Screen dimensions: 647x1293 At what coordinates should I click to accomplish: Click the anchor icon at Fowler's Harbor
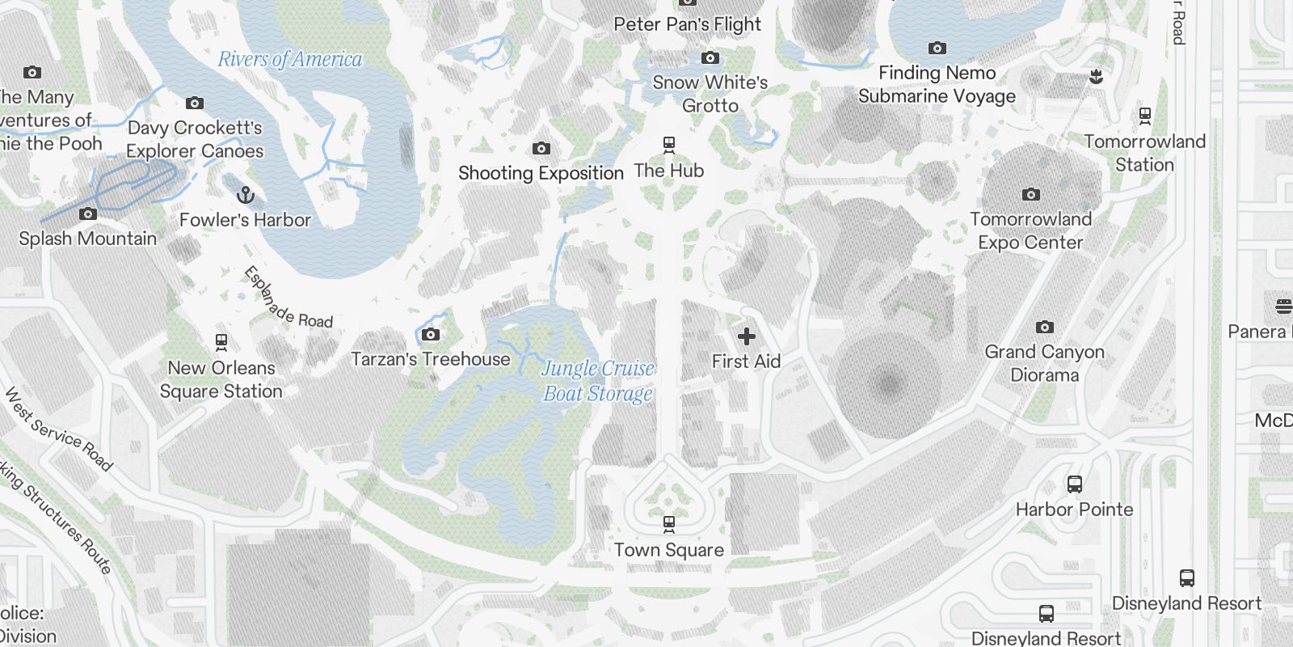click(x=245, y=195)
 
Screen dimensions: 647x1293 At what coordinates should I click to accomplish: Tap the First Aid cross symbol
click(x=746, y=336)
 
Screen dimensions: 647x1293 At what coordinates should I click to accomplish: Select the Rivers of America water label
click(x=290, y=59)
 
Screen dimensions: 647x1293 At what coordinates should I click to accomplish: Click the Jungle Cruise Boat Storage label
click(x=598, y=381)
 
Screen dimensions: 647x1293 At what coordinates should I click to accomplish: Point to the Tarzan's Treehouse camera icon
click(x=431, y=335)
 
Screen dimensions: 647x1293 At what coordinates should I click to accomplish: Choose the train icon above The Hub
click(x=668, y=146)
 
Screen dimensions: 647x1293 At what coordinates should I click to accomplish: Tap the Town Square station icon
click(x=668, y=524)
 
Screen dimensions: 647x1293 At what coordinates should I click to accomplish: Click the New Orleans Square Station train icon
click(x=221, y=342)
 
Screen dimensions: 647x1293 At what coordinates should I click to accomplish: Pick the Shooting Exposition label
click(x=541, y=173)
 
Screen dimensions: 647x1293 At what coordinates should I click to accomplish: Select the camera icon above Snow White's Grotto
click(x=710, y=57)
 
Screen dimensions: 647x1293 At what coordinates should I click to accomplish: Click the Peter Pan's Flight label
click(x=687, y=24)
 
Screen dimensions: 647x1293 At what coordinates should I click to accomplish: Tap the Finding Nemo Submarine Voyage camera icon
click(x=937, y=48)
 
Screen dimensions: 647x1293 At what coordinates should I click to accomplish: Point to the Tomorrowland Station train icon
click(x=1144, y=116)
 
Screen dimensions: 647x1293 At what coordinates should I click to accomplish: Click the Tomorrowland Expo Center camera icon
click(x=1030, y=194)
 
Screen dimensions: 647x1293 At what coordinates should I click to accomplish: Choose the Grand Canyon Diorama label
click(x=1044, y=363)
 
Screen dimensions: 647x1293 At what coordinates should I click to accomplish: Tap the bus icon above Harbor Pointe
click(x=1074, y=484)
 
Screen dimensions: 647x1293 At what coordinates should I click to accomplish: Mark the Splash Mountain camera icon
click(x=88, y=214)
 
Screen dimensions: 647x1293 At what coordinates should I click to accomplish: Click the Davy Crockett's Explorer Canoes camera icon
click(x=194, y=103)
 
